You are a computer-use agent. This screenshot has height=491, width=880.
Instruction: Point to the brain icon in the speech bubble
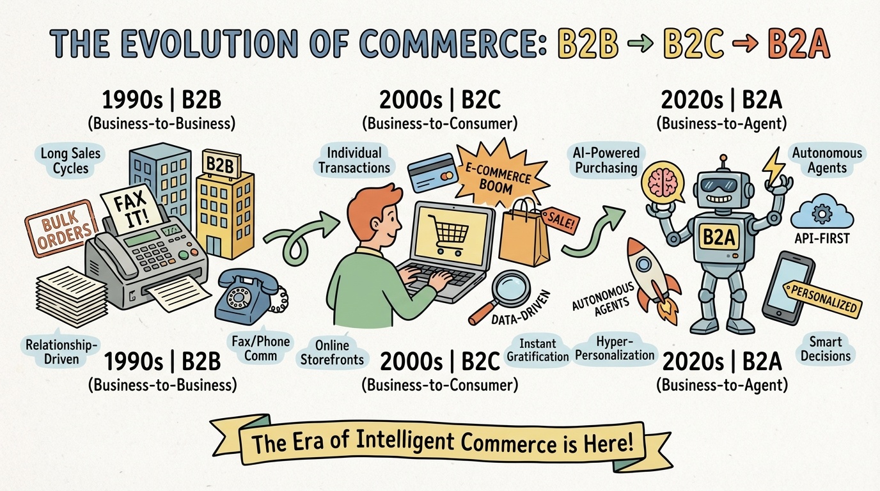tap(659, 182)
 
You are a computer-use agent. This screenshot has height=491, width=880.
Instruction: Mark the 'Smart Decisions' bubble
tap(826, 348)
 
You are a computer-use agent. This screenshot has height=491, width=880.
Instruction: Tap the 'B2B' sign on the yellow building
tap(220, 164)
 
